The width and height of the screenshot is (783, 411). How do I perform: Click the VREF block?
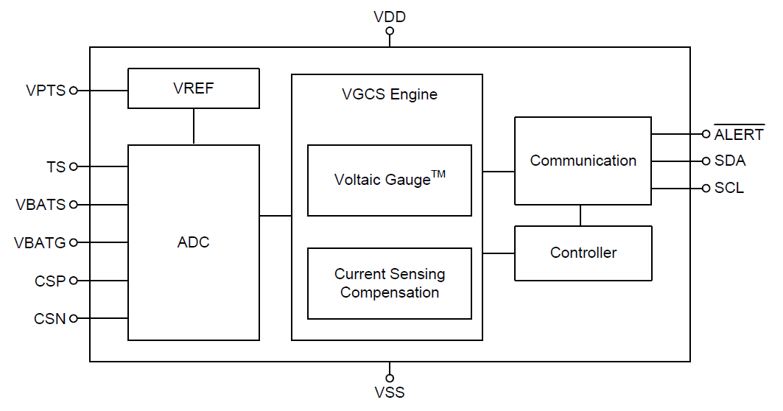tap(193, 88)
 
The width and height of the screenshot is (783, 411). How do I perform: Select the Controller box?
tap(583, 253)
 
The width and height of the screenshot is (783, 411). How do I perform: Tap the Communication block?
tap(583, 161)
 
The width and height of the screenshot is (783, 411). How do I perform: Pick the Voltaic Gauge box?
tap(389, 180)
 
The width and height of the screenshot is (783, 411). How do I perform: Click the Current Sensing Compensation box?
tap(389, 284)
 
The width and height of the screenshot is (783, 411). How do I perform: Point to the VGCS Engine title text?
tap(389, 94)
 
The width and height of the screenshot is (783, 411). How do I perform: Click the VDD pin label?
tap(390, 16)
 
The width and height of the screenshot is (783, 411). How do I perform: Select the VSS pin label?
tap(390, 392)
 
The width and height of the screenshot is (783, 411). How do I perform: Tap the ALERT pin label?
tap(738, 135)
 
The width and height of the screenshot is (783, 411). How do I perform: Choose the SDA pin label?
tap(729, 161)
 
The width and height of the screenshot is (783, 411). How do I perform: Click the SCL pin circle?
tap(706, 189)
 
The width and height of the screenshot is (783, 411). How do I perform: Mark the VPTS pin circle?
tap(73, 91)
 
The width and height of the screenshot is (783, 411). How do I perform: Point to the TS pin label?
tap(56, 167)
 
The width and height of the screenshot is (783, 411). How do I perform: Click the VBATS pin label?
tap(41, 205)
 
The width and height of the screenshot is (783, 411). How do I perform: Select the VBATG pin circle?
tap(73, 242)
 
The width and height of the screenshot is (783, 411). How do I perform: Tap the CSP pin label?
tap(50, 281)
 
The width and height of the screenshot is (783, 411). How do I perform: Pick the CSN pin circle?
tap(73, 319)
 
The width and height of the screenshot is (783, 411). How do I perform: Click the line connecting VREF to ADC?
tap(194, 126)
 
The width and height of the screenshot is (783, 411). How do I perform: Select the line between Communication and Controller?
tap(580, 215)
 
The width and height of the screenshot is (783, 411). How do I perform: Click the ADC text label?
tap(193, 242)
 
